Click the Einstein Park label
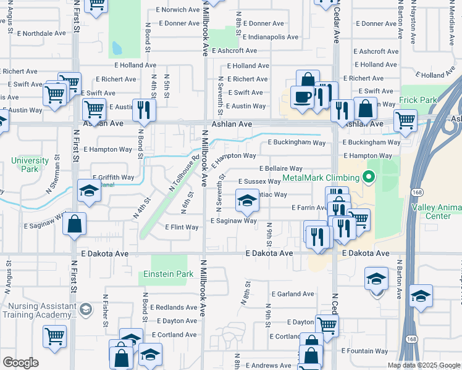pos(164,274)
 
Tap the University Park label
pos(30,165)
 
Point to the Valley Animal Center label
pos(436,212)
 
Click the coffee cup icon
pos(302,97)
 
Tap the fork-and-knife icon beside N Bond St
pos(143,110)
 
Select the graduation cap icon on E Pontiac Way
pos(247,200)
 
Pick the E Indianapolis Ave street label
pos(271,37)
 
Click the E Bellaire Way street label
pos(280,168)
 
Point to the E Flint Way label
pos(182,227)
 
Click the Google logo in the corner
pos(20,363)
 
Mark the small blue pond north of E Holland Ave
pos(115,47)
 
